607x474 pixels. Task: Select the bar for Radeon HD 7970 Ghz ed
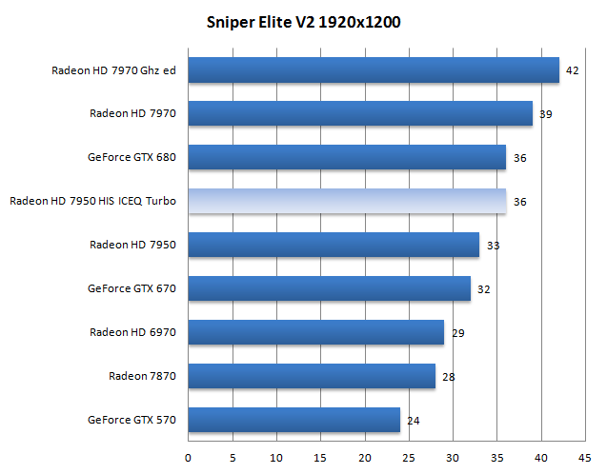coord(374,69)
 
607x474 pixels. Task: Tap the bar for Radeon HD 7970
coord(360,113)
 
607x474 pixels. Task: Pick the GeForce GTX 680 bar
coord(347,157)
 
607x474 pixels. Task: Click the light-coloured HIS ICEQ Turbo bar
coord(347,201)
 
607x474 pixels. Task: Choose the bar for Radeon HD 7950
coord(334,245)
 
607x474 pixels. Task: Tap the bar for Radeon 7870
coord(312,376)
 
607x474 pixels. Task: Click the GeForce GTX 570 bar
coord(293,419)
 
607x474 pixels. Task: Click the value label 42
coord(573,70)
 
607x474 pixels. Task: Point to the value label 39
coord(546,114)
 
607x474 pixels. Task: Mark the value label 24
coord(414,420)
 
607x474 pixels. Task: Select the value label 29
coord(457,332)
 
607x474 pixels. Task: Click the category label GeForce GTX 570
coord(132,419)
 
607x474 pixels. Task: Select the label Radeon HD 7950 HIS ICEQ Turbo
coord(94,201)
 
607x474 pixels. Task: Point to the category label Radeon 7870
coord(143,376)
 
